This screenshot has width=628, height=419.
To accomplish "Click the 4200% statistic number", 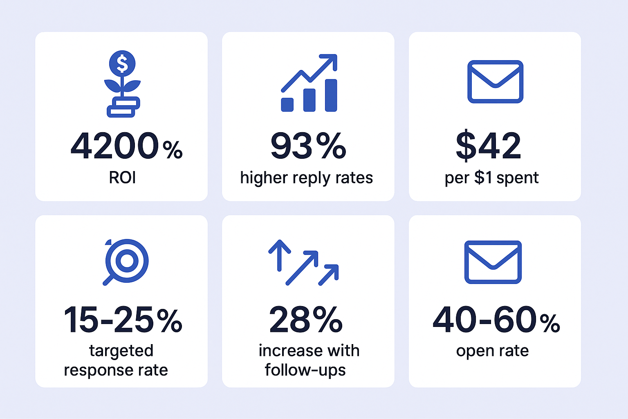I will click(x=126, y=146).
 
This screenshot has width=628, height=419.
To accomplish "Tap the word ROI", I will click(x=122, y=178).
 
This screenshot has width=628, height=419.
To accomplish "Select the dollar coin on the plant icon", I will click(x=122, y=63).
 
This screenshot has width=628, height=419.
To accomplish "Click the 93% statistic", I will click(x=308, y=146).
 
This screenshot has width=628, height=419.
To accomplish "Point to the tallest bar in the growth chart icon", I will click(x=331, y=95).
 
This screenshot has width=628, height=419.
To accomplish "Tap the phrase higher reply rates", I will click(x=307, y=178).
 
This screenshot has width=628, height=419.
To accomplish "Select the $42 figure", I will click(x=489, y=146).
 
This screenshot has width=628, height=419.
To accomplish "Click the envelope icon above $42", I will click(x=495, y=81).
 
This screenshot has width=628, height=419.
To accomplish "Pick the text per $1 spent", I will click(x=491, y=178).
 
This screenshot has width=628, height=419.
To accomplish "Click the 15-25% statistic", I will click(x=123, y=320).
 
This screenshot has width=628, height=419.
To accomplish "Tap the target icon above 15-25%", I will click(x=126, y=261).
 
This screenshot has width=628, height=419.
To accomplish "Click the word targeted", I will click(x=121, y=351).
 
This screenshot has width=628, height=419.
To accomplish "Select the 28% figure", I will click(x=306, y=320).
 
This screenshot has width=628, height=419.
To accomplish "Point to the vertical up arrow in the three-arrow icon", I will click(x=279, y=255).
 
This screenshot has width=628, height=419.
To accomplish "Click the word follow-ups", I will click(x=305, y=370).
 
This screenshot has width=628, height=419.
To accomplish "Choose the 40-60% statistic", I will click(x=496, y=320).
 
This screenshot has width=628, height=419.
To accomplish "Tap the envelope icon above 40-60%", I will click(x=493, y=262).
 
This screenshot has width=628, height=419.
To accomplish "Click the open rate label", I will click(x=492, y=351).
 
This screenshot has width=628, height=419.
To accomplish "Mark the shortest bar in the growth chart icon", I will click(x=287, y=104).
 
